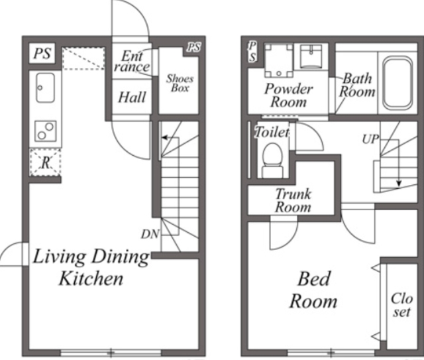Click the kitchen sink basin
tap(46, 88)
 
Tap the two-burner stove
tap(46, 131)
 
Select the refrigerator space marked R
tap(45, 162)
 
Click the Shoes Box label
tap(180, 84)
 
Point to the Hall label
tap(132, 97)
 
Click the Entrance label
tap(132, 62)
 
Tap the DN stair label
tap(150, 234)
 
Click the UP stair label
tap(370, 139)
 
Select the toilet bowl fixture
tap(272, 160)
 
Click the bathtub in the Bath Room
tap(397, 82)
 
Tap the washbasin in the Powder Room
tap(311, 56)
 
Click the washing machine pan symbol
tap(278, 60)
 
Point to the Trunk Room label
tap(293, 201)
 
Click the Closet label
tap(402, 305)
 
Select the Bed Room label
tap(313, 290)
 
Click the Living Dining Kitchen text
tap(91, 267)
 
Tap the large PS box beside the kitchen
tap(42, 53)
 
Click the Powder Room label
tap(289, 95)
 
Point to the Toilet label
tap(272, 133)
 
